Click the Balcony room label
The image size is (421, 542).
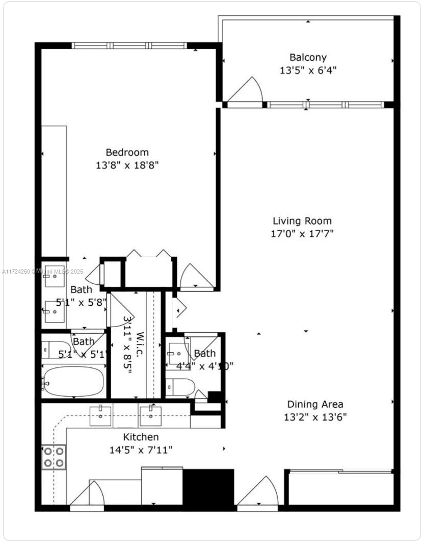coord(308,57)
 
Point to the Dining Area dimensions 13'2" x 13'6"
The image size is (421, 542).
coord(315,417)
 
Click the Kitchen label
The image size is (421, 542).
coord(141,437)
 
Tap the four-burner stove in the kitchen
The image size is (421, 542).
coord(54,457)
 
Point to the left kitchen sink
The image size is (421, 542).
coord(101,415)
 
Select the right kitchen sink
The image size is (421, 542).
coord(151,415)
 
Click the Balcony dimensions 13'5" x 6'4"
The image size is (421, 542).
coord(308,70)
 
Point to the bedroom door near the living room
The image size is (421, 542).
coord(197,277)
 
